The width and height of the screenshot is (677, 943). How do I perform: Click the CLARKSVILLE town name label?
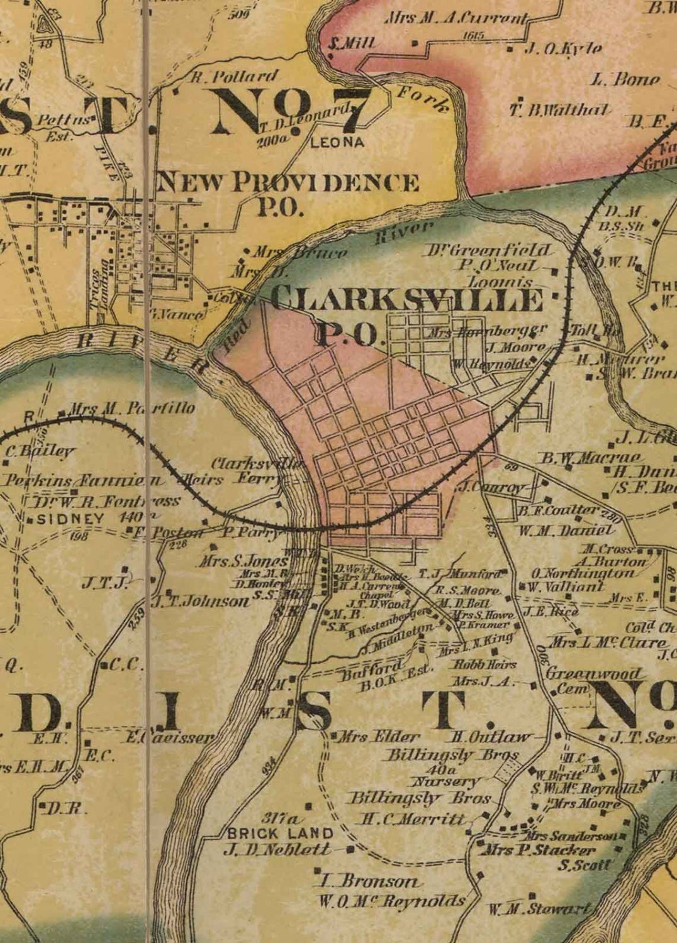pyautogui.click(x=408, y=300)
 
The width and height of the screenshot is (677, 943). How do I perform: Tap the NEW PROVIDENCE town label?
pyautogui.click(x=287, y=182)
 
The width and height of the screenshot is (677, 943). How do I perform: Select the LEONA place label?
pyautogui.click(x=337, y=143)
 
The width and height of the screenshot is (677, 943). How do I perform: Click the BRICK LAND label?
pyautogui.click(x=280, y=834)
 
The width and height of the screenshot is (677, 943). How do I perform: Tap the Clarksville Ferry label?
pyautogui.click(x=247, y=472)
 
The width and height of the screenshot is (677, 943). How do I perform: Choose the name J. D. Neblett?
pyautogui.click(x=277, y=850)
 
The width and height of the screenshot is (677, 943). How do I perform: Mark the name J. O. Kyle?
pyautogui.click(x=562, y=48)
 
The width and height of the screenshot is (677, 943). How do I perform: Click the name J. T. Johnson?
pyautogui.click(x=201, y=602)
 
